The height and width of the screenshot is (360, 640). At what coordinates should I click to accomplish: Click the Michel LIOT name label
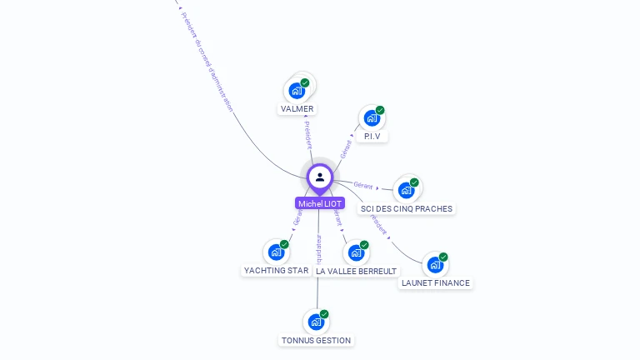pos(319,203)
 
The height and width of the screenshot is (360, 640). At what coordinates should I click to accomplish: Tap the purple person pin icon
pos(320,177)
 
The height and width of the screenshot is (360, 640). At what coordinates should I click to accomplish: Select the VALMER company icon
pos(296,91)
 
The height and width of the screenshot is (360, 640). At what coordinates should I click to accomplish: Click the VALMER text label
pos(297,109)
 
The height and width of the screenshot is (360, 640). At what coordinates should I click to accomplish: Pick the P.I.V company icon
pos(372,118)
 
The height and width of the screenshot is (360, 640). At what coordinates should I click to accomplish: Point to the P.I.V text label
pos(372,136)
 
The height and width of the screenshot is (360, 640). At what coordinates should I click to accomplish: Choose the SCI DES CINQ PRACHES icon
pos(406,190)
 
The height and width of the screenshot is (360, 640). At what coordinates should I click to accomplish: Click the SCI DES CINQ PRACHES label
pos(407,208)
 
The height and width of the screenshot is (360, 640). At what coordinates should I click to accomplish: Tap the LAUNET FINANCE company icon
pos(435,265)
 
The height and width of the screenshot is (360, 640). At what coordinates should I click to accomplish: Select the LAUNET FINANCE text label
pos(436,283)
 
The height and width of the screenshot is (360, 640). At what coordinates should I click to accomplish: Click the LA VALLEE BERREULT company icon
pos(356,252)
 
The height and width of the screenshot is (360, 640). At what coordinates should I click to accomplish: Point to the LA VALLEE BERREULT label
pos(357,271)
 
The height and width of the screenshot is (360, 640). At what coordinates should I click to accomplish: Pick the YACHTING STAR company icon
pos(276,252)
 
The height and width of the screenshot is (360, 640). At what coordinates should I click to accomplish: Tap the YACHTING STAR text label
pos(276,271)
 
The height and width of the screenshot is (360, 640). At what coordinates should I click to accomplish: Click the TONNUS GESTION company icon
pos(316,322)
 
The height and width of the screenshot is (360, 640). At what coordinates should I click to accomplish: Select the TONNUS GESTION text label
pos(316,340)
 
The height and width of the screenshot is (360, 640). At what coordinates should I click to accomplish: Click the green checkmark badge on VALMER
pos(305,82)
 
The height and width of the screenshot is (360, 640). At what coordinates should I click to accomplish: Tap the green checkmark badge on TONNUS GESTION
pos(324,314)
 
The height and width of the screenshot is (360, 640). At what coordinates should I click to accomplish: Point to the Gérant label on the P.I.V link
pos(345,149)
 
